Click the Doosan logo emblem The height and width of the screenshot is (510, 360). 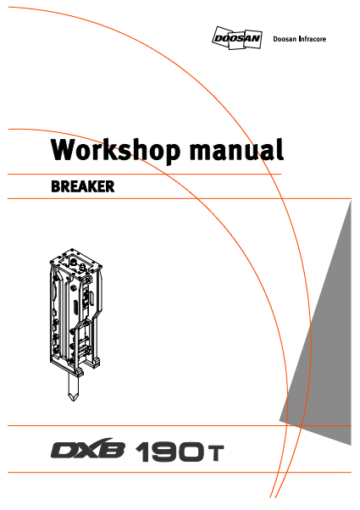236,38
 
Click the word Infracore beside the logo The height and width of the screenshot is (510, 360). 313,39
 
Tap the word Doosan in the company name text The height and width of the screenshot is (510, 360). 285,39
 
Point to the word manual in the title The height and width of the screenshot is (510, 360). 236,150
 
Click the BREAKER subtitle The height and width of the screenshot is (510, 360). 83,186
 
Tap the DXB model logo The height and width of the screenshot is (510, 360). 87,449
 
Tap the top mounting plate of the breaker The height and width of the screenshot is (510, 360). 76,262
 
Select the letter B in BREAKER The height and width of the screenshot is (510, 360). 56,186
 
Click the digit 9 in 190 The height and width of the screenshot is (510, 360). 167,452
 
